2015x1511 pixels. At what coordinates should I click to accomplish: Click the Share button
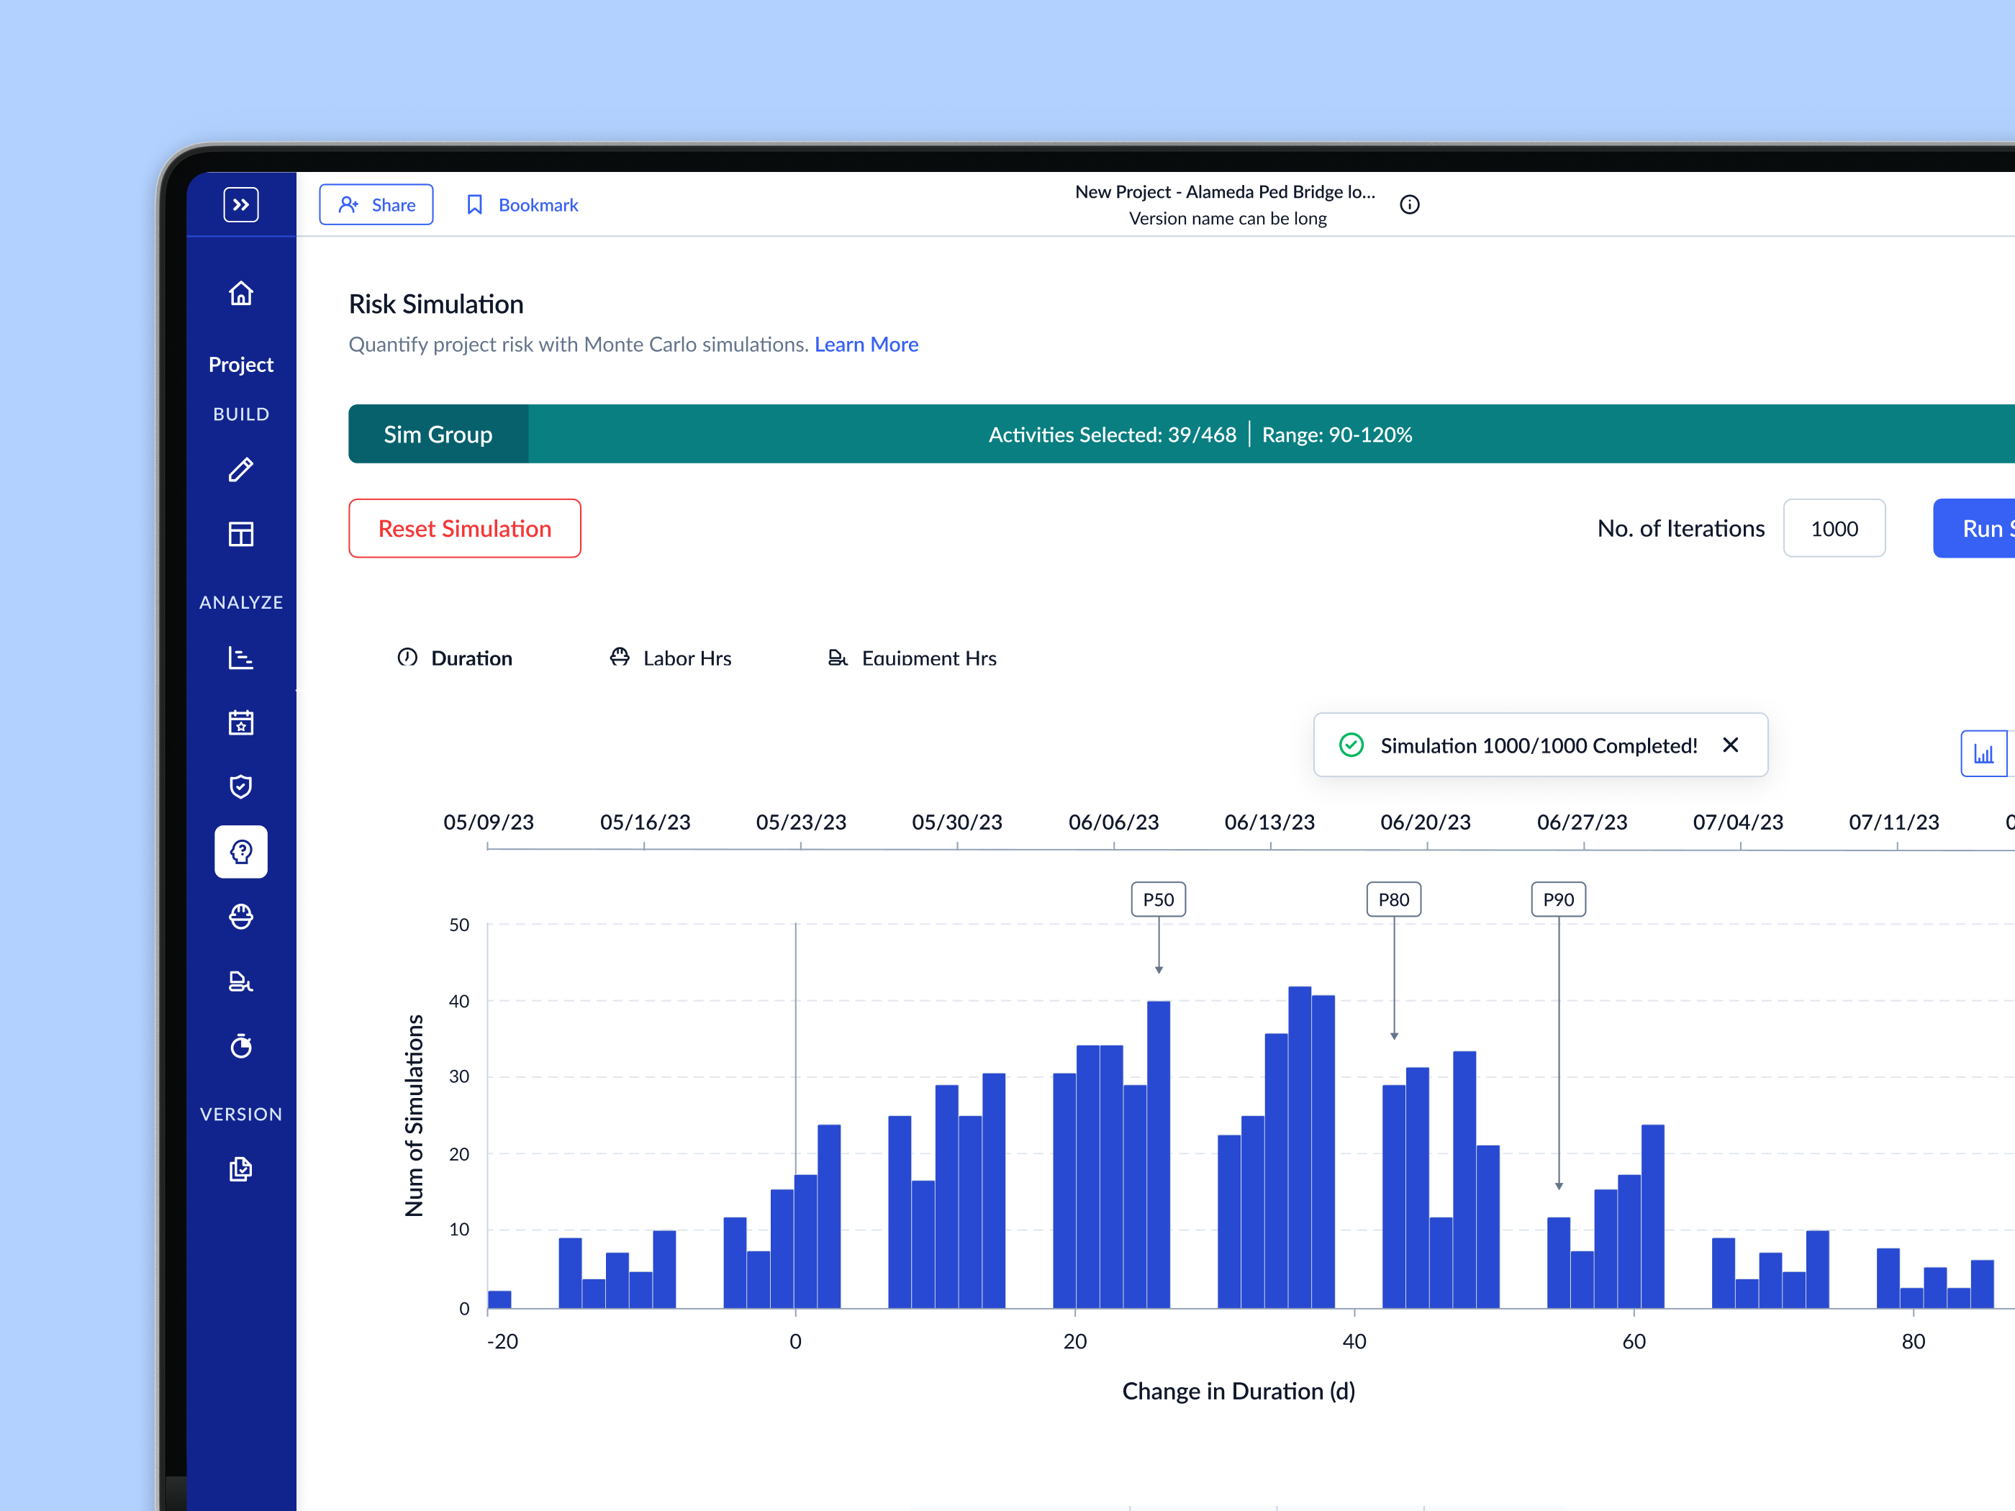pyautogui.click(x=376, y=205)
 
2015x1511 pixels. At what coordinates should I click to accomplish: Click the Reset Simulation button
pyautogui.click(x=465, y=528)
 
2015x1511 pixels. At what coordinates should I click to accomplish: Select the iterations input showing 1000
pyautogui.click(x=1834, y=528)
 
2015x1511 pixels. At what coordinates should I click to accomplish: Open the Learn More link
pyautogui.click(x=866, y=344)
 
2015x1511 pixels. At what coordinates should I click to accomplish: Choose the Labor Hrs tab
pyautogui.click(x=671, y=658)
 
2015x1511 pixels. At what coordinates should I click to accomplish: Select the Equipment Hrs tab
pyautogui.click(x=912, y=658)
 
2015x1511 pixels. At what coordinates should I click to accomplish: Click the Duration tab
pyautogui.click(x=455, y=658)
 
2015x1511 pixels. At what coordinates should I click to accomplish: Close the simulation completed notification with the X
pyautogui.click(x=1731, y=745)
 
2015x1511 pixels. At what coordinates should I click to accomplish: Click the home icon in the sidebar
pyautogui.click(x=240, y=294)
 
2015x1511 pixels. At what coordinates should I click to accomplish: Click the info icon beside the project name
pyautogui.click(x=1409, y=205)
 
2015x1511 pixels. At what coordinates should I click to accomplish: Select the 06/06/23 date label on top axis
pyautogui.click(x=1113, y=822)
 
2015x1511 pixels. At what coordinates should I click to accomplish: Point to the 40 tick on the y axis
pyautogui.click(x=459, y=1001)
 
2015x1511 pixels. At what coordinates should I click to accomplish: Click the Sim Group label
pyautogui.click(x=438, y=435)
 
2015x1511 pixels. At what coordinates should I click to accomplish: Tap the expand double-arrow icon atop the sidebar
pyautogui.click(x=240, y=205)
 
